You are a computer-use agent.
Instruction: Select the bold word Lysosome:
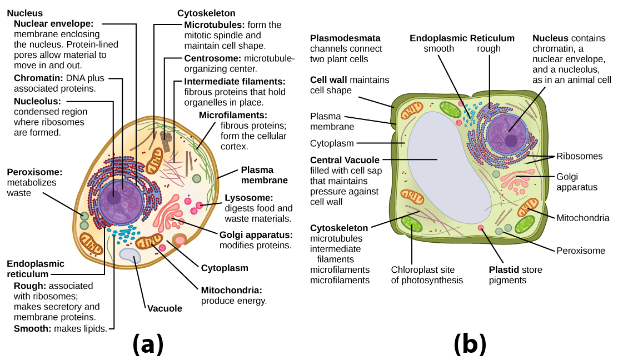point(248,198)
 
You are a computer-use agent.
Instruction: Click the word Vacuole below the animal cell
point(165,308)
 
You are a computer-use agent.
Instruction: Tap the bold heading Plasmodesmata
point(345,38)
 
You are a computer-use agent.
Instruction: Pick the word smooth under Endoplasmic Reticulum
point(439,48)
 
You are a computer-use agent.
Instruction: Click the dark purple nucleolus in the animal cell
point(115,196)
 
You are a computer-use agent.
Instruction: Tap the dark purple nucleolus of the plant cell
point(510,142)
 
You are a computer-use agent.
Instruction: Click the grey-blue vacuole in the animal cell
point(131,256)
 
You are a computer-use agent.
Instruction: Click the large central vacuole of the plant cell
point(445,167)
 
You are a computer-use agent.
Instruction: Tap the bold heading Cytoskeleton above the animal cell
point(206,13)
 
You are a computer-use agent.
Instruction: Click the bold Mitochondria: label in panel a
point(231,290)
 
